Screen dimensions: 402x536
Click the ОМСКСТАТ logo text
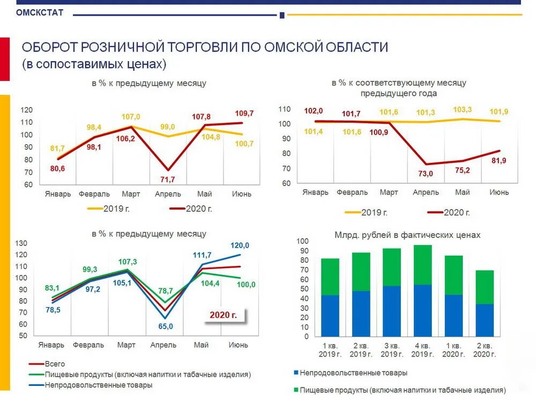[x=40, y=12]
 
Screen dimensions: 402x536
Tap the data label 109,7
[x=244, y=114]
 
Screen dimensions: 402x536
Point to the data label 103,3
[x=462, y=109]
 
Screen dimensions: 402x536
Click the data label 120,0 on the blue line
[x=240, y=245]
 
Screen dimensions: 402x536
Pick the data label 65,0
[x=166, y=326]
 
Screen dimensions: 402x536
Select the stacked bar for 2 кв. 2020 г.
[x=485, y=303]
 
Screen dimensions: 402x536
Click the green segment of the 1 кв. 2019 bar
[x=330, y=277]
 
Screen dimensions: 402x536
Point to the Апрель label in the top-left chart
[x=168, y=194]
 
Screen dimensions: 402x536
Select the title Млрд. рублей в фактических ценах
[x=407, y=235]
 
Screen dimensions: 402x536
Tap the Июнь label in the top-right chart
[x=498, y=192]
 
